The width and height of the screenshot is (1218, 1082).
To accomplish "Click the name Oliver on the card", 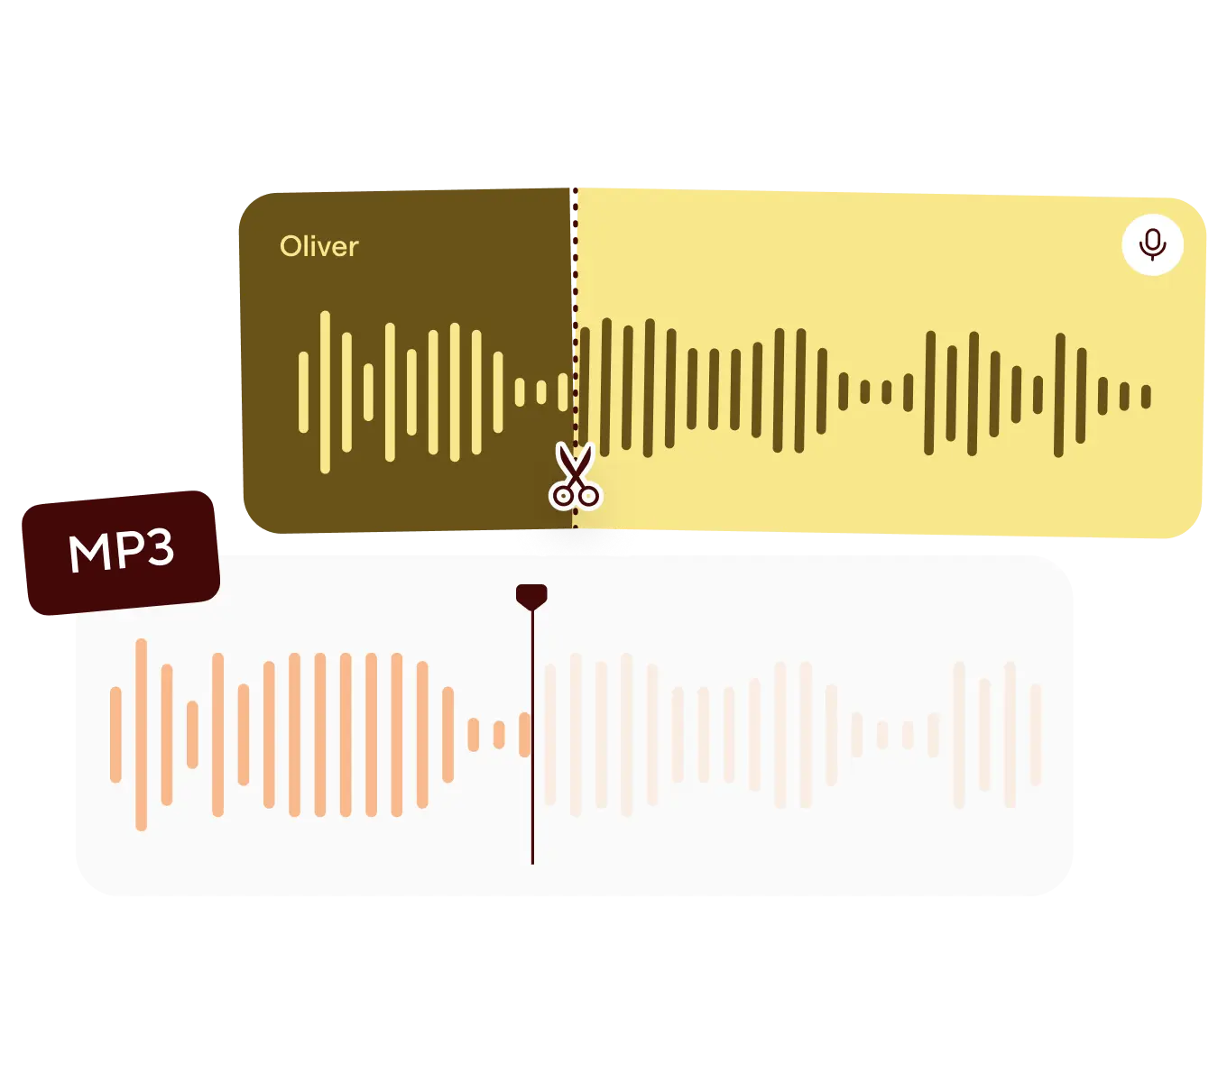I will (x=318, y=246).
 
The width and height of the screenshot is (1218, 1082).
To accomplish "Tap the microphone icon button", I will (x=1152, y=244).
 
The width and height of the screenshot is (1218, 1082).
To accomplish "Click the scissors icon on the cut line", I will (x=575, y=476).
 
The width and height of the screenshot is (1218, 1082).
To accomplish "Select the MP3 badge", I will (x=121, y=553).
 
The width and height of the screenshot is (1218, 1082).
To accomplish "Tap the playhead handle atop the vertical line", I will (x=531, y=595).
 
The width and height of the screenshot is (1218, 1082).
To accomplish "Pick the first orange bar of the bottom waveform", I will (x=115, y=734).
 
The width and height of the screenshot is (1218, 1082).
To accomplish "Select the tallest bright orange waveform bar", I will (x=141, y=734).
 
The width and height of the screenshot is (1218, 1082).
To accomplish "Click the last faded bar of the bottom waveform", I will (x=1036, y=734).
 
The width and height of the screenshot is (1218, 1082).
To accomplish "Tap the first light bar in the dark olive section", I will (x=303, y=392).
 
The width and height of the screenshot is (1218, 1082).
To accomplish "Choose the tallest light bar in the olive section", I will (x=325, y=392).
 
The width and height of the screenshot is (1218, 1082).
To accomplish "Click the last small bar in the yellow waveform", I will (x=1146, y=397).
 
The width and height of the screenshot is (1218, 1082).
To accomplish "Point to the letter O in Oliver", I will (x=290, y=246).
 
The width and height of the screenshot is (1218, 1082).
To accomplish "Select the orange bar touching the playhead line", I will (x=525, y=734).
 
